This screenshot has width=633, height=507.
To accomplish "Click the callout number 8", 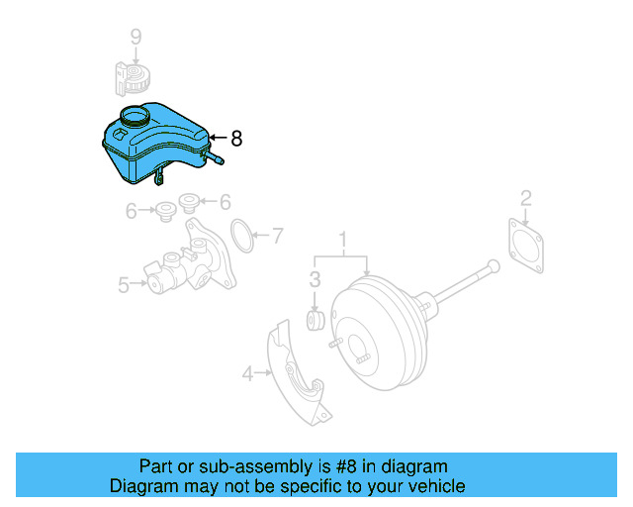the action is [x=235, y=140].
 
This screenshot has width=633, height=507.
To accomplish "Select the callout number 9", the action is [x=136, y=38].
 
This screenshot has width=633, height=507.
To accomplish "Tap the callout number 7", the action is [x=278, y=236].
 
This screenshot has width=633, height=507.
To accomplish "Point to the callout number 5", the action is [x=124, y=285].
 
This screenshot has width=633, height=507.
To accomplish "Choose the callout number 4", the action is [x=247, y=373].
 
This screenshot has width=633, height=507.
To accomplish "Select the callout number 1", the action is [x=344, y=240].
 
